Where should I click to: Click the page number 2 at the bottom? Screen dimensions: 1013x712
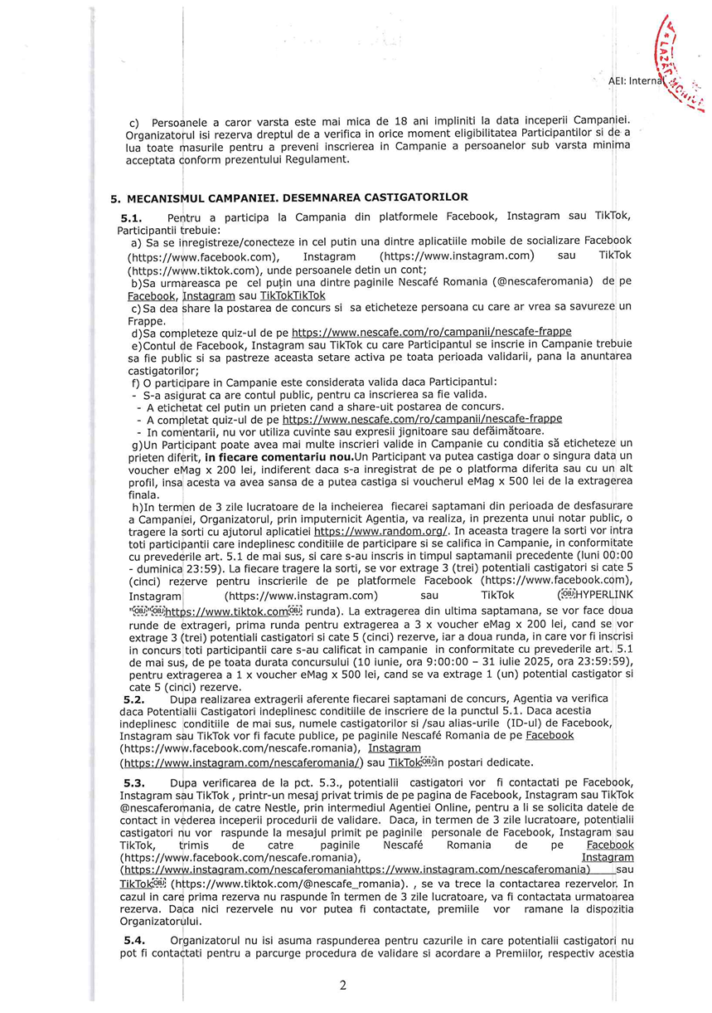point(343,985)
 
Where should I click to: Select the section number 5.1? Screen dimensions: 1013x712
point(132,217)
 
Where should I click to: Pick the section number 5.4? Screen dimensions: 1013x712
point(134,940)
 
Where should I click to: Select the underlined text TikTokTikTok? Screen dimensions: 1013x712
point(293,295)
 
